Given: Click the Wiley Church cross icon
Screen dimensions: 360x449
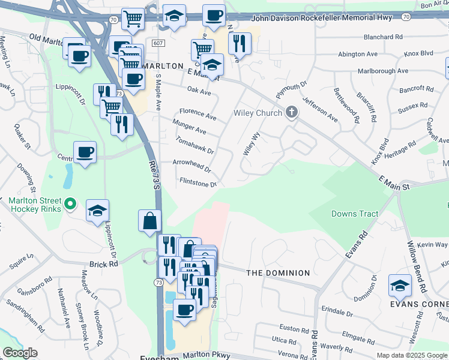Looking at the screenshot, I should tap(292, 113).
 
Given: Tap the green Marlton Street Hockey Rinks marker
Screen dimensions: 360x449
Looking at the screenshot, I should tap(70, 205).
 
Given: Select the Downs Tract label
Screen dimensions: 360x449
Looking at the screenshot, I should tap(355, 214).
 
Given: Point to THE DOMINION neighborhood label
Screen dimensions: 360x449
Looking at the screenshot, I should tap(278, 273).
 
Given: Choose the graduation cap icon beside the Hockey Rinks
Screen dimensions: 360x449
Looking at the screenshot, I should tap(97, 211).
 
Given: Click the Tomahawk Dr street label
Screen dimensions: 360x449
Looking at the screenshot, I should tap(194, 145).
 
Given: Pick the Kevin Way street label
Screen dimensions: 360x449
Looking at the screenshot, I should tap(432, 245).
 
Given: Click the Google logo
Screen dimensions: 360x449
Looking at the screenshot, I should tap(20, 353).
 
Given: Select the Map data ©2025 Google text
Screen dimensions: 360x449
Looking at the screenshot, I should tap(412, 355).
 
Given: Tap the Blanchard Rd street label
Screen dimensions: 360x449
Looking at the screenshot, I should tap(382, 37).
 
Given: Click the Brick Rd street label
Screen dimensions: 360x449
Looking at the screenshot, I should tap(104, 264).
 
